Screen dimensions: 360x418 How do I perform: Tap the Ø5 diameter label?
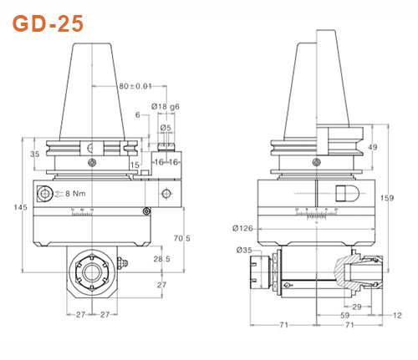tap(166, 127)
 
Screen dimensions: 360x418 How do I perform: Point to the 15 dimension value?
tap(134, 165)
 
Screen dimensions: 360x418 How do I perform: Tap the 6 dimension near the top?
tap(137, 114)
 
